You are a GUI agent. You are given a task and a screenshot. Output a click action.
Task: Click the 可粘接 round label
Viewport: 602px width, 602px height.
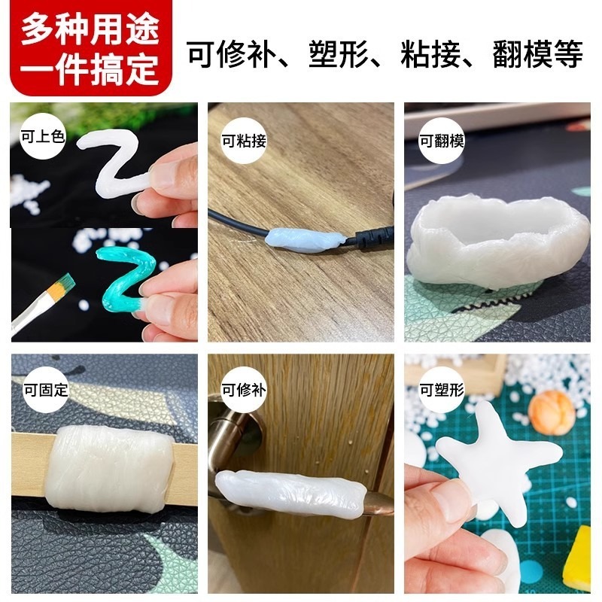click(x=242, y=140)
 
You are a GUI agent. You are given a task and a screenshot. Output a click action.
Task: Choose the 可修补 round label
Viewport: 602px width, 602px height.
click(x=242, y=390)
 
